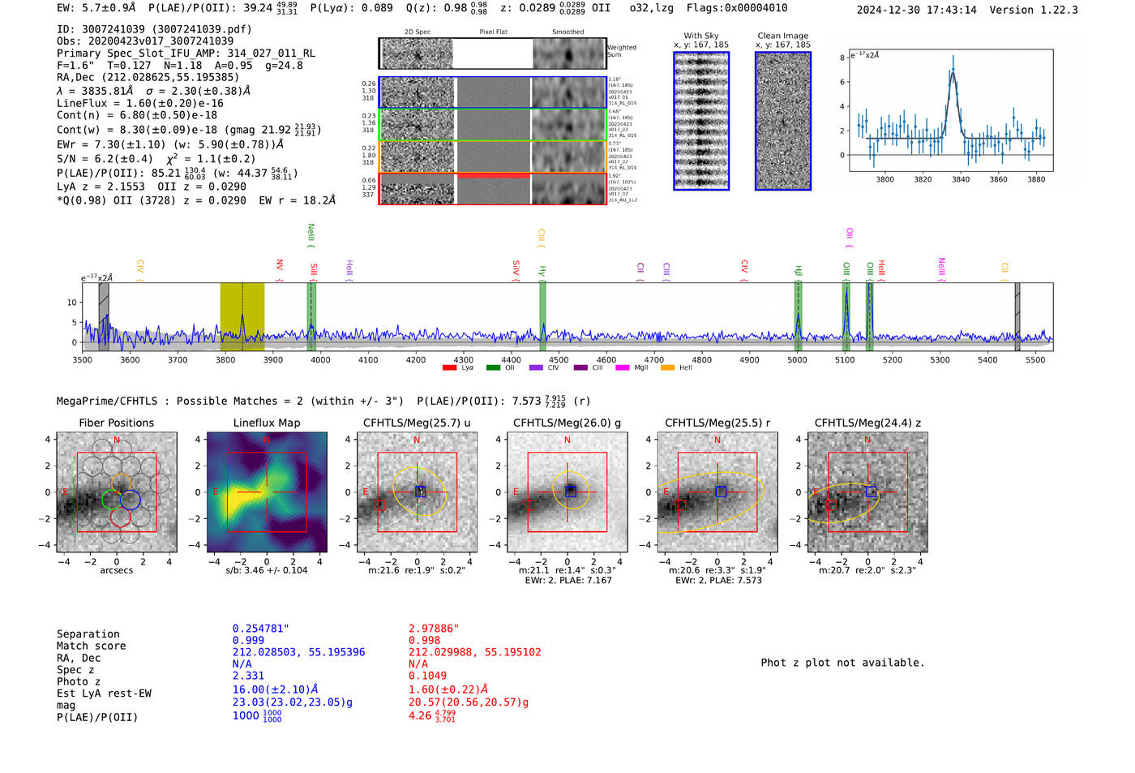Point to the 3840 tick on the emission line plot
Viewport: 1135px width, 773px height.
[x=961, y=179]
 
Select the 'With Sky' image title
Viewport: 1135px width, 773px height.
[x=700, y=36]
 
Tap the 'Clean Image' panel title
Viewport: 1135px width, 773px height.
[x=782, y=36]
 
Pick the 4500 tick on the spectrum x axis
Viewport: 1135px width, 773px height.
[x=559, y=359]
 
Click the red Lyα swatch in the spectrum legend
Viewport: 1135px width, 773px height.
[x=449, y=368]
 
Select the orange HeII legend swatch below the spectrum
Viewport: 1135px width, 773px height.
[x=667, y=368]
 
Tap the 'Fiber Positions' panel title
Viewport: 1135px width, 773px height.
[x=116, y=423]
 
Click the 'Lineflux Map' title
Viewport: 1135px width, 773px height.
[x=266, y=423]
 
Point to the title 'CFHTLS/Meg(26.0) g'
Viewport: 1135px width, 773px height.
[x=567, y=423]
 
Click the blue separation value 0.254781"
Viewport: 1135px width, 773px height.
[x=260, y=629]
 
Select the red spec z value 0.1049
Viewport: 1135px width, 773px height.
[x=427, y=676]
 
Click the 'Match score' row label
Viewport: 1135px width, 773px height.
[x=91, y=646]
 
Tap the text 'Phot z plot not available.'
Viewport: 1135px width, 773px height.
[x=842, y=663]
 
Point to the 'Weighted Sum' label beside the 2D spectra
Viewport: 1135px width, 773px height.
[x=621, y=51]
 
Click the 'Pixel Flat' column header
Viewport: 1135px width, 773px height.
[x=493, y=32]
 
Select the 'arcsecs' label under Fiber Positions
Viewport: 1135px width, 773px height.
[x=116, y=570]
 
